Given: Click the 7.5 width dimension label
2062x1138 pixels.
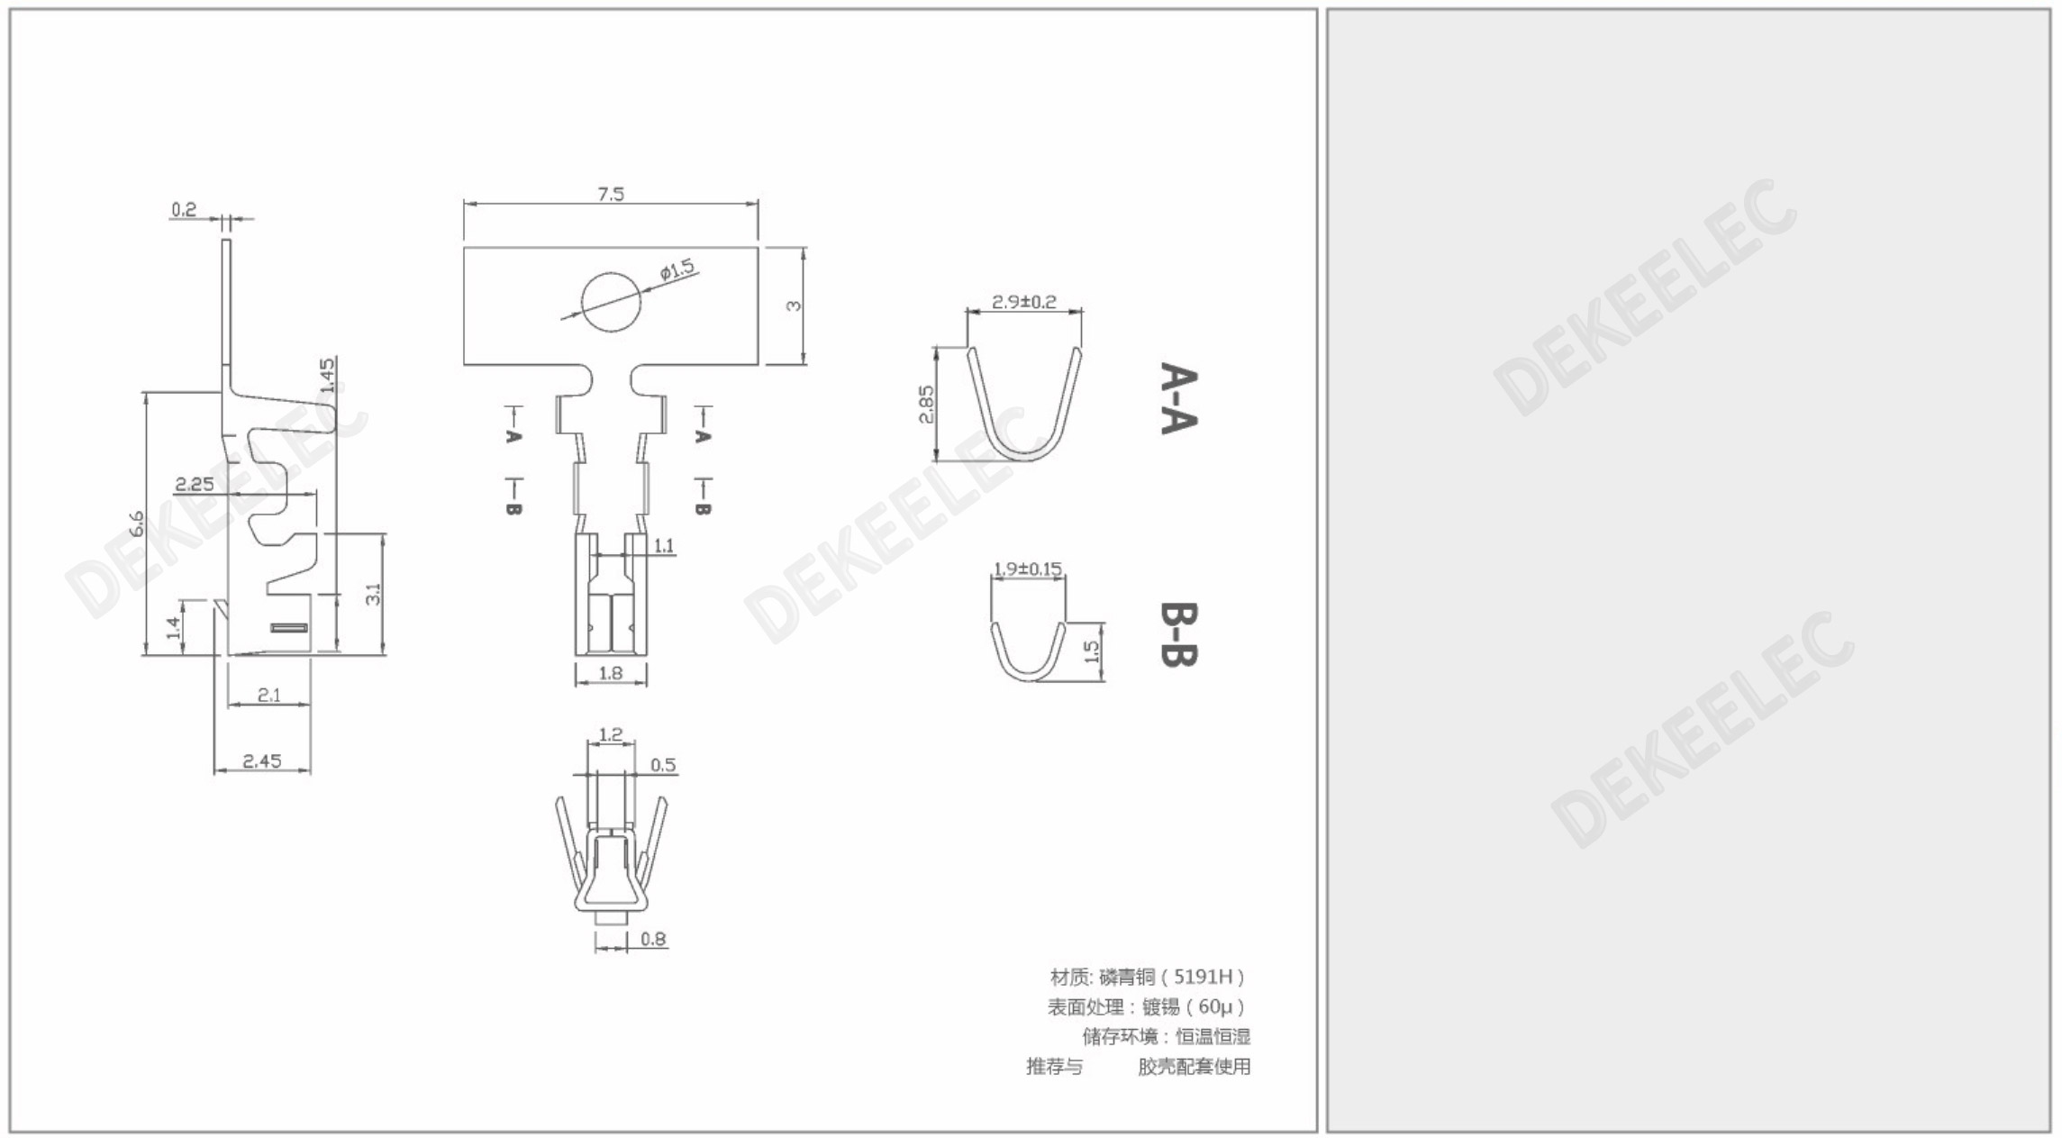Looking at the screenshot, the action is (611, 194).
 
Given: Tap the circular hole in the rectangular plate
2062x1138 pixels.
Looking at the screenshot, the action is (613, 303).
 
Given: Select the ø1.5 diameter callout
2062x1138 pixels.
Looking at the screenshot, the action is (677, 269).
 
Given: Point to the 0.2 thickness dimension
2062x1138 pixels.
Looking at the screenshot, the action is (184, 210).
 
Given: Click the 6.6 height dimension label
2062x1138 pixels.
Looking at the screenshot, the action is (136, 523).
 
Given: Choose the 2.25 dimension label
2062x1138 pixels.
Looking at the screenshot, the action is (195, 484).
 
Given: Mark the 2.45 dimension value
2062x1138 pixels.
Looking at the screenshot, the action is (262, 761).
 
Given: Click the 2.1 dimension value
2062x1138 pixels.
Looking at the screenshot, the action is (269, 695).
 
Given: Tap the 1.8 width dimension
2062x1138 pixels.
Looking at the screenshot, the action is (611, 672).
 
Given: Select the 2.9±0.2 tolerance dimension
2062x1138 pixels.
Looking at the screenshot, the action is (1024, 302).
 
